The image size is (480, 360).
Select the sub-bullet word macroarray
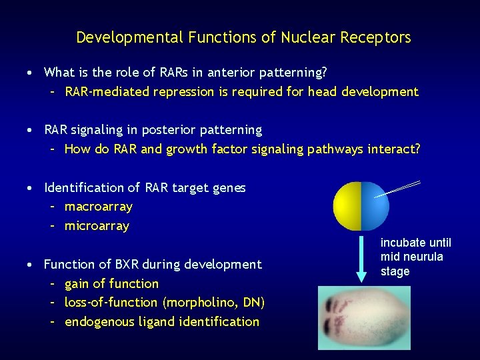pos(98,207)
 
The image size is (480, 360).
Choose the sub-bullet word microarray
pos(97,227)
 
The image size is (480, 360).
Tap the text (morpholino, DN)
pos(213,303)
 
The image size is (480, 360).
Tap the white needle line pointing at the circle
pos(398,190)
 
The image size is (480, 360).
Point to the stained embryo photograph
pos(363,317)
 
